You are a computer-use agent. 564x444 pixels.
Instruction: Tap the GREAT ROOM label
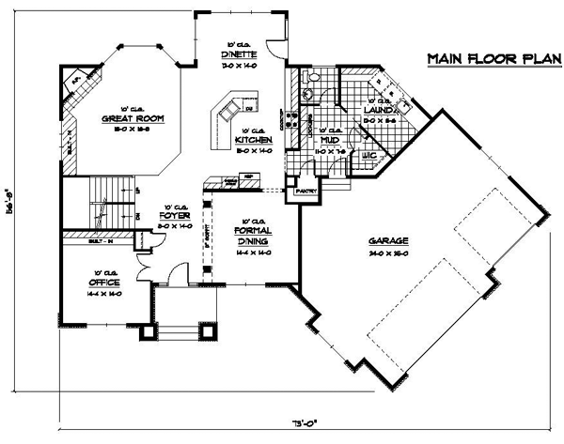tap(133, 118)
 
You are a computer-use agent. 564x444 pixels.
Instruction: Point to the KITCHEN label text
tap(253, 140)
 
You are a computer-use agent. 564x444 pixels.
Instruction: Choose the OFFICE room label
tap(102, 281)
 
